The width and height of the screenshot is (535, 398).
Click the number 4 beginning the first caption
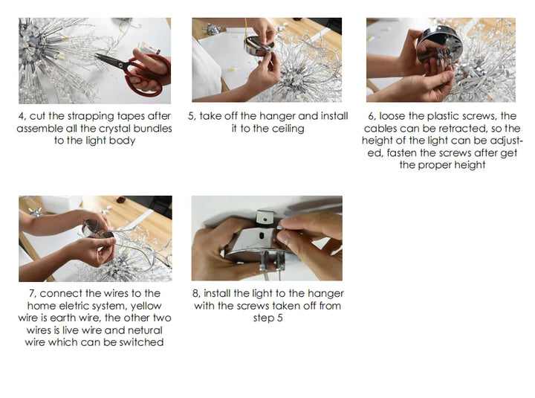point(21,117)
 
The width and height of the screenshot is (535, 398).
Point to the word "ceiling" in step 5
point(287,129)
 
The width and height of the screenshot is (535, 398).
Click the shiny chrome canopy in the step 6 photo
point(439,45)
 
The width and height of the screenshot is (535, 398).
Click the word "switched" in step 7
point(141,342)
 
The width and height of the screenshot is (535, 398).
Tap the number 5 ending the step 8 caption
point(280,318)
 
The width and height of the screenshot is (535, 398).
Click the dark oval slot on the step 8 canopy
point(262,235)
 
